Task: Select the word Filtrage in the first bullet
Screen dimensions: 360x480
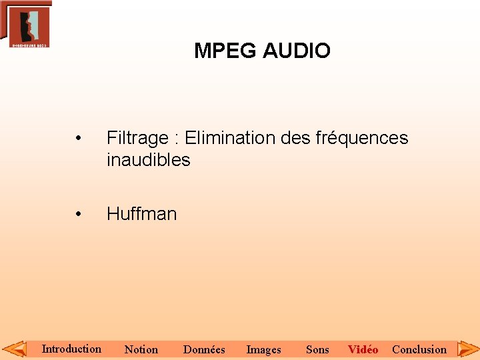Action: pyautogui.click(x=137, y=138)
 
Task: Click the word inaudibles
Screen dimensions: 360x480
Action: pyautogui.click(x=148, y=160)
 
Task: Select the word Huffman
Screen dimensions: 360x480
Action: pyautogui.click(x=141, y=214)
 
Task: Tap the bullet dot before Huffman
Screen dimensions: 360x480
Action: pyautogui.click(x=79, y=215)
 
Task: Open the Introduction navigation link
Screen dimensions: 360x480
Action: pyautogui.click(x=71, y=349)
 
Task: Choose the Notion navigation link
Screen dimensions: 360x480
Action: pyautogui.click(x=141, y=349)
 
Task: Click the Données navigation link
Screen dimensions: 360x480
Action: pyautogui.click(x=204, y=349)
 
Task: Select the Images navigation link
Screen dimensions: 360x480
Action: pyautogui.click(x=263, y=349)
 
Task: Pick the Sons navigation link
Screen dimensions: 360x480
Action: pyautogui.click(x=317, y=349)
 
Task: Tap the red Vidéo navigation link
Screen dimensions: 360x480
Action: pyautogui.click(x=363, y=349)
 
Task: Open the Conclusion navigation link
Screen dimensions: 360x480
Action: pyautogui.click(x=419, y=349)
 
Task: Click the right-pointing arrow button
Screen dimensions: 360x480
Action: pyautogui.click(x=467, y=349)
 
